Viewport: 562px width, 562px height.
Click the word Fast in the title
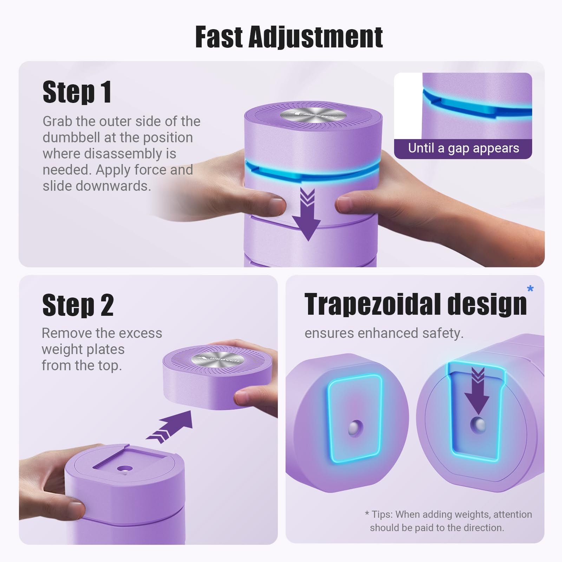tap(219, 37)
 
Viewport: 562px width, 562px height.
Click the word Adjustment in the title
tap(315, 38)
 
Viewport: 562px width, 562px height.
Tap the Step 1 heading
tap(77, 92)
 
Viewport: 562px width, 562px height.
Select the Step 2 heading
tap(78, 305)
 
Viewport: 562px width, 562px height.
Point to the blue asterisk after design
tap(530, 289)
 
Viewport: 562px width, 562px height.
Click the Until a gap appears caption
tap(463, 148)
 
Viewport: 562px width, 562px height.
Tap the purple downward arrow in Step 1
tap(307, 214)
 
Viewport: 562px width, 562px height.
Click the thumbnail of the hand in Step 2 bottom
tap(76, 509)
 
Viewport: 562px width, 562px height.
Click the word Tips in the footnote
tap(382, 514)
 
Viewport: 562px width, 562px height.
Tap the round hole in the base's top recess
tap(125, 469)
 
